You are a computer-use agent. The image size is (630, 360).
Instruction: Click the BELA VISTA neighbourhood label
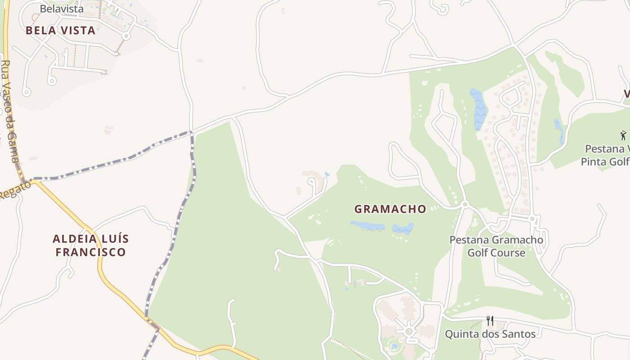tap(60, 31)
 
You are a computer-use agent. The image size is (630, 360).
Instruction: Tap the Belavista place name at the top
tap(62, 9)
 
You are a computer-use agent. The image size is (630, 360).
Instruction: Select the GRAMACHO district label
tap(390, 209)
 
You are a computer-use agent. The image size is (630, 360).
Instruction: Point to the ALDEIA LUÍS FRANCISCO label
tap(90, 245)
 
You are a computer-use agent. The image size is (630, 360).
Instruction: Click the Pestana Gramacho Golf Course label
tap(496, 246)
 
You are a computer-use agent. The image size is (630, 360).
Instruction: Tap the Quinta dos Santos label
tap(490, 334)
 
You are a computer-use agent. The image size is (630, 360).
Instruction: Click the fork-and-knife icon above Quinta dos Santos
tap(490, 321)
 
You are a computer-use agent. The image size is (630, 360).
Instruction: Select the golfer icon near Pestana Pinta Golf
tap(623, 135)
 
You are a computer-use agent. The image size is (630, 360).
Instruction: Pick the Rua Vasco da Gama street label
tap(10, 112)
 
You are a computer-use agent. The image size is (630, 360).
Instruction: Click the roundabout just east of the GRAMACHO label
tap(465, 205)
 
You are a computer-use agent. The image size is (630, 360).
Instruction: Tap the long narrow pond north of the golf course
tap(479, 109)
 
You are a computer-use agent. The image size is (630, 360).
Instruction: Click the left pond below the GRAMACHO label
tap(367, 225)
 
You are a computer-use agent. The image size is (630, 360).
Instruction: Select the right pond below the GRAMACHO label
tap(403, 228)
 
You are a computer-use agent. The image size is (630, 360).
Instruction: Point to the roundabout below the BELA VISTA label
tap(126, 36)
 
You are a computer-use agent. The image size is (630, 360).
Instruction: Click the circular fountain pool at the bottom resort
tap(394, 346)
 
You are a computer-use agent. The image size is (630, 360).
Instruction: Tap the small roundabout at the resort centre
tap(409, 332)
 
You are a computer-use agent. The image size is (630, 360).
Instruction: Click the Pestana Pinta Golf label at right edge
tap(605, 155)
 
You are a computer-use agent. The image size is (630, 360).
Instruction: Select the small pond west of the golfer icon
tap(559, 130)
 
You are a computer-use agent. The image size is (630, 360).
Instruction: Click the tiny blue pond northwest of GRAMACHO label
tap(327, 174)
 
